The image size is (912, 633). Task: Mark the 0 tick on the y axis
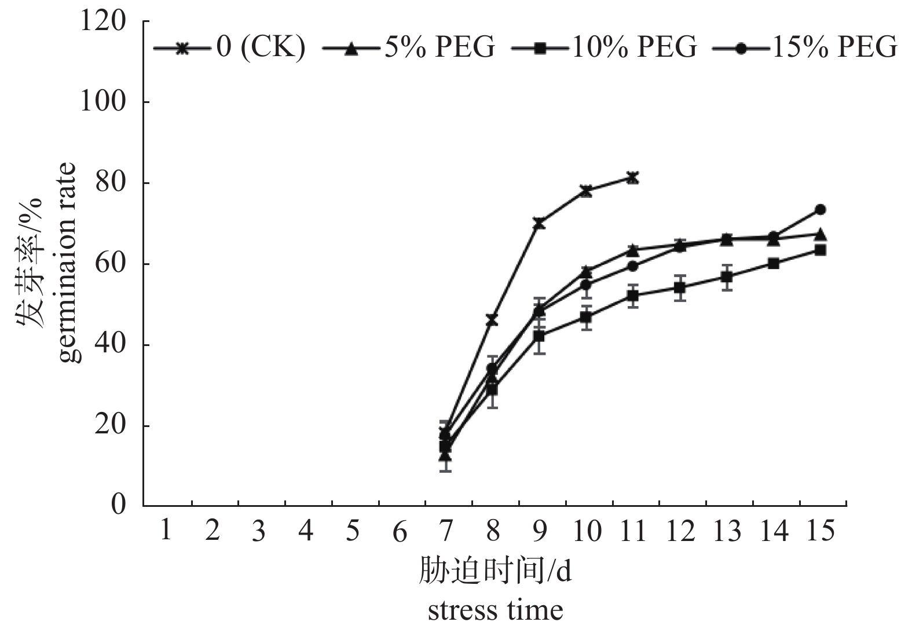coord(118,505)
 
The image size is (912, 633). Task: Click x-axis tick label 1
coord(166,530)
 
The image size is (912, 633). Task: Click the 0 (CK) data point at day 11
coord(632,178)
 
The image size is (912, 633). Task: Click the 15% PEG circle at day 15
coord(821,209)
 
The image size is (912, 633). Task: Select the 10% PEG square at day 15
coord(821,250)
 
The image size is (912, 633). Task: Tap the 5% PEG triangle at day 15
coord(821,234)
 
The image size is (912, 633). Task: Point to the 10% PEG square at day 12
coord(680,287)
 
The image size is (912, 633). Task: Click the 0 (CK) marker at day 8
coord(492,319)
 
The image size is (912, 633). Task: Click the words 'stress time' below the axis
coord(495,610)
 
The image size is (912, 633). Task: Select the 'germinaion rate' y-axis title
coord(68,263)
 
